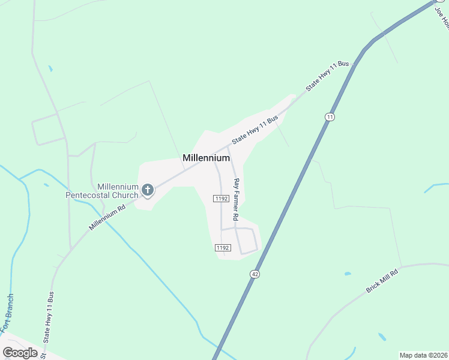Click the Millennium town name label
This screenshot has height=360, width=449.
[206, 158]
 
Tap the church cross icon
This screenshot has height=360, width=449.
[148, 191]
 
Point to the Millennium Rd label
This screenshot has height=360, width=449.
[107, 218]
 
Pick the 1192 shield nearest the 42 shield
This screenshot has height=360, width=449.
[222, 247]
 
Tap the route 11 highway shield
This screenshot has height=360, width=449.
[329, 116]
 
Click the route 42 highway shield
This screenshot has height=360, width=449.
[255, 274]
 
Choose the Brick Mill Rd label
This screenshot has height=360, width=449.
[382, 280]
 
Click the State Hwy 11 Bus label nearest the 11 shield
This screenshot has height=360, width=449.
[327, 76]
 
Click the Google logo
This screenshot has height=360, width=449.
[20, 353]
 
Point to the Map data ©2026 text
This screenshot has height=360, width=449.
[423, 355]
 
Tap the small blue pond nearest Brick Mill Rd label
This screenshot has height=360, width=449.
[348, 274]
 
